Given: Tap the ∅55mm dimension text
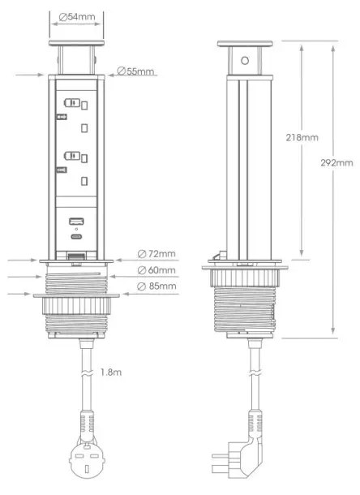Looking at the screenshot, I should coord(135,71).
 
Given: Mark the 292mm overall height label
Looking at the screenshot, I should coord(337,162).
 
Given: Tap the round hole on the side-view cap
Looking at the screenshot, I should coord(244,61).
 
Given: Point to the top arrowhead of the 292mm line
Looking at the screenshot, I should coord(334,47).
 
